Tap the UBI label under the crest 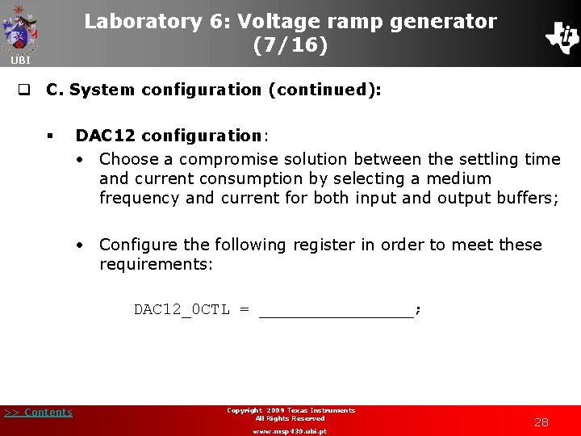coord(20,61)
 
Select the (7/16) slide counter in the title coord(290,46)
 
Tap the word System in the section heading coord(102,90)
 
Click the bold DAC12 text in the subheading coord(101,136)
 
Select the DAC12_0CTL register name coord(182,309)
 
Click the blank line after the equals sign coord(336,310)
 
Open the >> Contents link coord(38,413)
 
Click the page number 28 coord(541,422)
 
